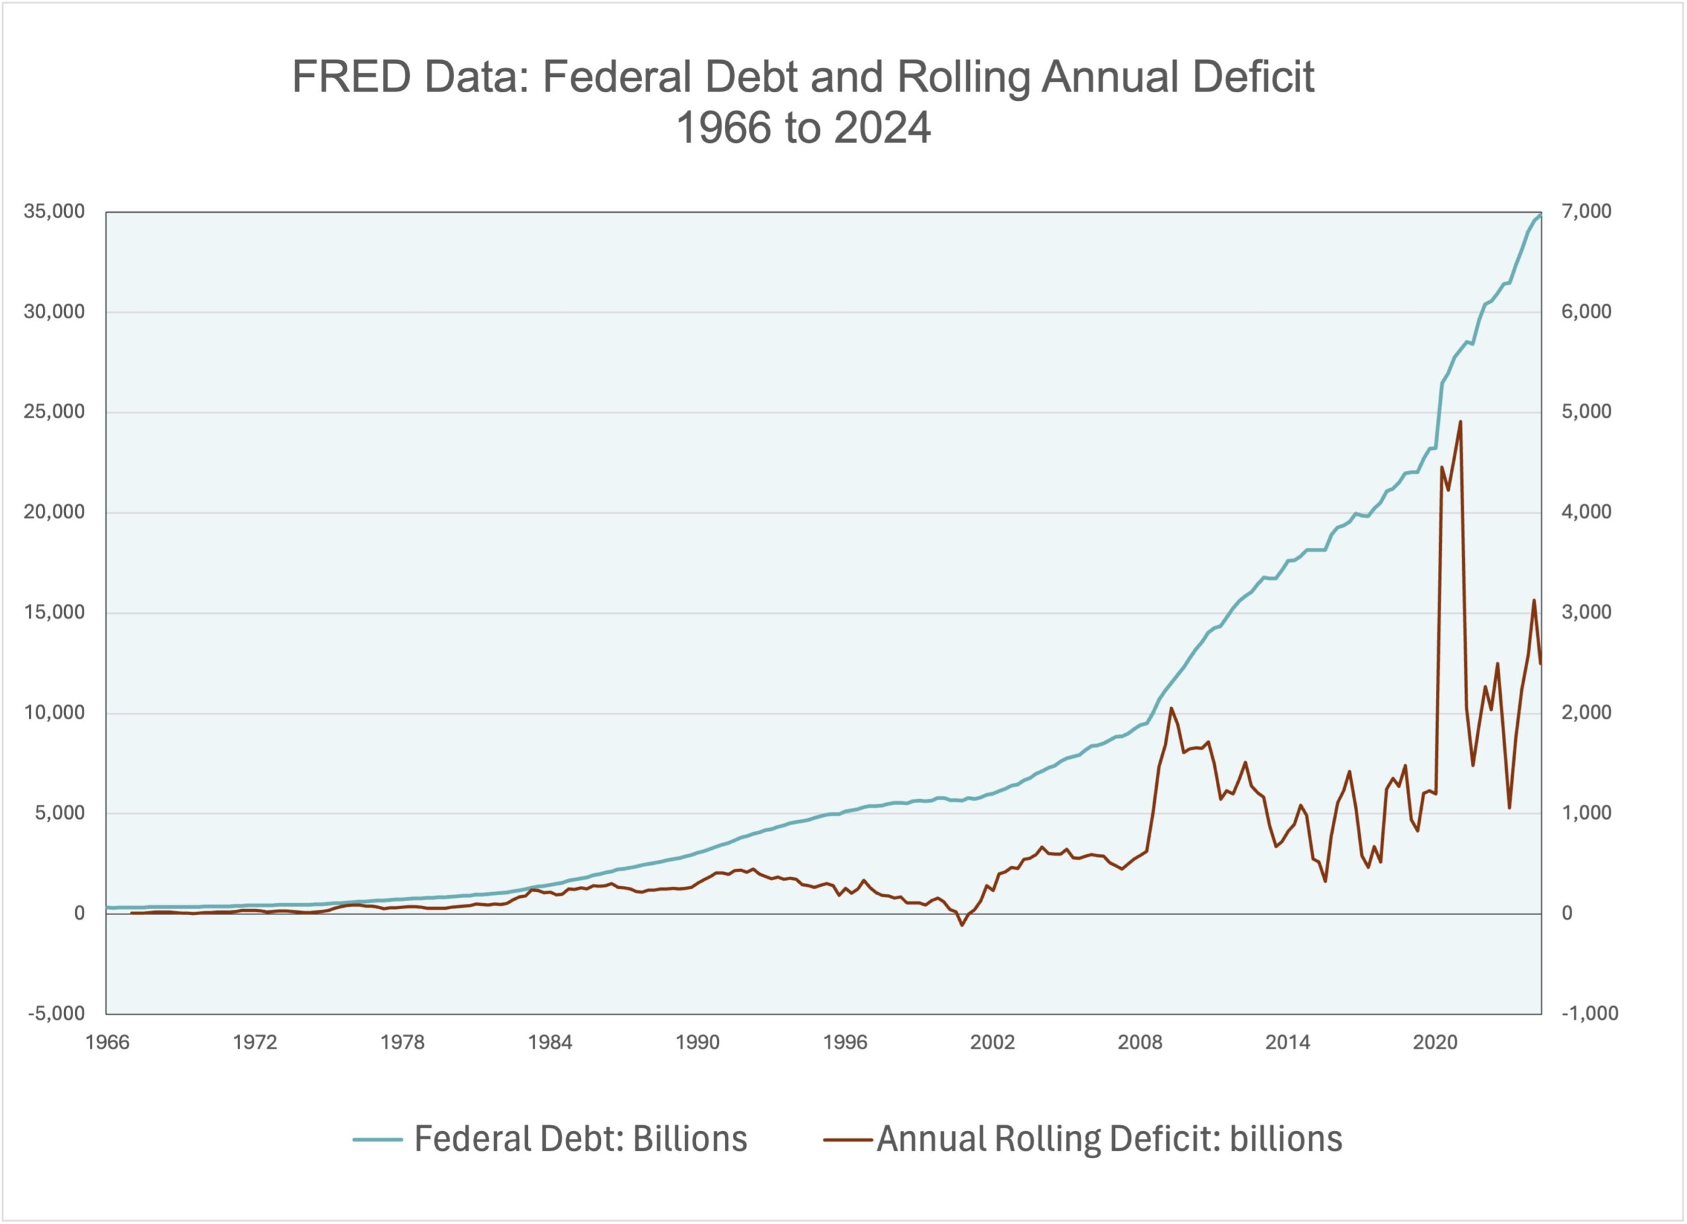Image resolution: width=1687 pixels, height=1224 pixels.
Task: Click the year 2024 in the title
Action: pyautogui.click(x=882, y=128)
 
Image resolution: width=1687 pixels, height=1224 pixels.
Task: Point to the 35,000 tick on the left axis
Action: pyautogui.click(x=54, y=212)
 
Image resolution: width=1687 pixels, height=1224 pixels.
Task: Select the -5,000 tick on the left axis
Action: pyautogui.click(x=56, y=1014)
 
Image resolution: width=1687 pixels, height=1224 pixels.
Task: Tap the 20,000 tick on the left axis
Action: pyautogui.click(x=54, y=513)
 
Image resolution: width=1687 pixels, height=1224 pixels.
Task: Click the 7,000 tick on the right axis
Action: pyautogui.click(x=1586, y=212)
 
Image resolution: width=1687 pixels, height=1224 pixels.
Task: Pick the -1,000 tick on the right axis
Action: pyautogui.click(x=1589, y=1014)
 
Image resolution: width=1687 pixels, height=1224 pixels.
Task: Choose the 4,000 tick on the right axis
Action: pyautogui.click(x=1586, y=513)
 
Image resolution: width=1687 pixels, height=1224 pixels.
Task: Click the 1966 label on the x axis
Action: pyautogui.click(x=107, y=1043)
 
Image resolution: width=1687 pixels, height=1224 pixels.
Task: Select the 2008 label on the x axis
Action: pyautogui.click(x=1139, y=1043)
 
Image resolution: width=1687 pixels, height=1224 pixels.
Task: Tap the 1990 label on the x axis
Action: pyautogui.click(x=697, y=1043)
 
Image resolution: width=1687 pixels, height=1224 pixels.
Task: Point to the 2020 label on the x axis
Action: pyautogui.click(x=1435, y=1043)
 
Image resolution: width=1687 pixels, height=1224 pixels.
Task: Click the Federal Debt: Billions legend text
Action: pyautogui.click(x=580, y=1139)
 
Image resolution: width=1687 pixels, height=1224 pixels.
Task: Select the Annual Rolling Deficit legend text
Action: pyautogui.click(x=1109, y=1139)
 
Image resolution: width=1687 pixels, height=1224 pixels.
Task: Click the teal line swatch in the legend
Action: pyautogui.click(x=377, y=1139)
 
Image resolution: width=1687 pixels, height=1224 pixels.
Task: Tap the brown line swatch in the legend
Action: pyautogui.click(x=847, y=1139)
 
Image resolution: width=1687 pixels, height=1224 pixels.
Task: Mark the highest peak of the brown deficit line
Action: pyautogui.click(x=1460, y=422)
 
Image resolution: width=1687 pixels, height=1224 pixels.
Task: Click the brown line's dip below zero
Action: pyautogui.click(x=961, y=925)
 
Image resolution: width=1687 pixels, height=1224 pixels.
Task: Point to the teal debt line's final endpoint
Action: pyautogui.click(x=1541, y=214)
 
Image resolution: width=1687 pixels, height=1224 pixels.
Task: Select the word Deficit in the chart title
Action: pyautogui.click(x=1253, y=77)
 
